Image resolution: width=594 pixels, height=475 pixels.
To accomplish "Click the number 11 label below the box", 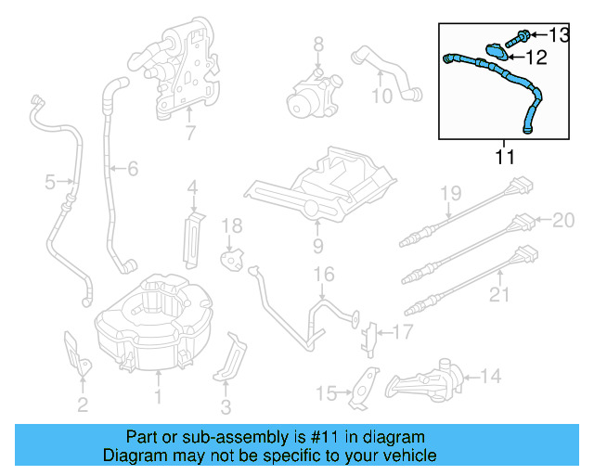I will (503, 157).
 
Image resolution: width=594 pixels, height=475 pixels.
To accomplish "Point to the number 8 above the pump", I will (317, 44).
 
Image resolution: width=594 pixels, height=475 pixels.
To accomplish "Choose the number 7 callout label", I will (190, 133).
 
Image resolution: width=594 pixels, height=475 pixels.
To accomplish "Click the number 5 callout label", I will (50, 182).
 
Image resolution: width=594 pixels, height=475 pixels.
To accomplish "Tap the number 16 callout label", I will (322, 274).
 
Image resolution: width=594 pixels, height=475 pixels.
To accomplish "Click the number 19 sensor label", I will (450, 193).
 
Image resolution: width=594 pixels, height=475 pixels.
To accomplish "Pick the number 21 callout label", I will (499, 296).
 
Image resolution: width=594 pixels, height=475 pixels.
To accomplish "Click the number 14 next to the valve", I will (490, 376).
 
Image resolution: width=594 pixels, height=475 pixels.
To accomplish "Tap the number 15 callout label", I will (326, 394).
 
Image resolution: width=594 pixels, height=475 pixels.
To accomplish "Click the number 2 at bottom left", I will (83, 404).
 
